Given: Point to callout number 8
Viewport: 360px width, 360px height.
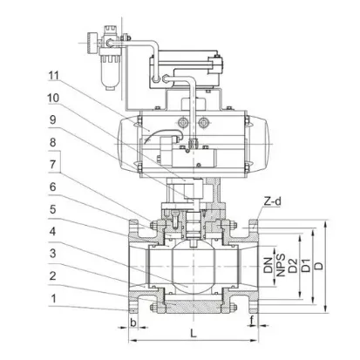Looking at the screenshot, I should click(54, 140).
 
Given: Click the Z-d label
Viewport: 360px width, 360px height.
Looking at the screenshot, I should click(274, 201).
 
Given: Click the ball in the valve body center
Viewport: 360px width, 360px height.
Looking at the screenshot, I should click(190, 262).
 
